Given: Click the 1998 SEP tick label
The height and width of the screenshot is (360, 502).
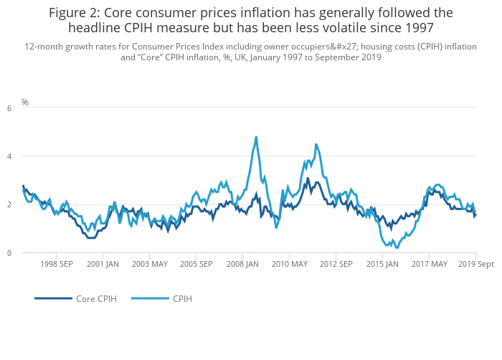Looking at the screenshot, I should [x=56, y=264].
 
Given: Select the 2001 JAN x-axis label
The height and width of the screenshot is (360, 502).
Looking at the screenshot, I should [x=103, y=264].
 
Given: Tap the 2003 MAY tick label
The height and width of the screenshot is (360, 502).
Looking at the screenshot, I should [x=149, y=264].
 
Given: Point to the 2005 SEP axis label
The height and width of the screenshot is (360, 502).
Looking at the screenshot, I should [x=196, y=264].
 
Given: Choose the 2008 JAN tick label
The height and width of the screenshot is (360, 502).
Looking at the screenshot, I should [x=242, y=264].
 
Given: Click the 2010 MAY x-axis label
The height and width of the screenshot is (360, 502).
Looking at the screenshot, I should [x=289, y=264].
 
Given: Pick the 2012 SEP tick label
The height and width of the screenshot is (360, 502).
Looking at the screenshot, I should [x=336, y=264].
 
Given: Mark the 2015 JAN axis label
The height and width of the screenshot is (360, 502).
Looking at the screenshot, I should [x=382, y=264].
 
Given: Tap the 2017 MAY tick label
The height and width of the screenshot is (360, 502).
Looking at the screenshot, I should [x=429, y=264].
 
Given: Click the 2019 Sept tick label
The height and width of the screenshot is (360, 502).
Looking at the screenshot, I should [x=476, y=264].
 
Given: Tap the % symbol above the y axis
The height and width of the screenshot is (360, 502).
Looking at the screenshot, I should [x=25, y=103].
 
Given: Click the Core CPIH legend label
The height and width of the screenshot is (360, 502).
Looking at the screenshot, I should [x=96, y=298].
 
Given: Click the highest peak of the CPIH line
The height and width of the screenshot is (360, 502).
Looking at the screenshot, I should [x=256, y=137].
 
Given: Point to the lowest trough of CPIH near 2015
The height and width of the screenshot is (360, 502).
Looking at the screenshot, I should [x=397, y=247].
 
